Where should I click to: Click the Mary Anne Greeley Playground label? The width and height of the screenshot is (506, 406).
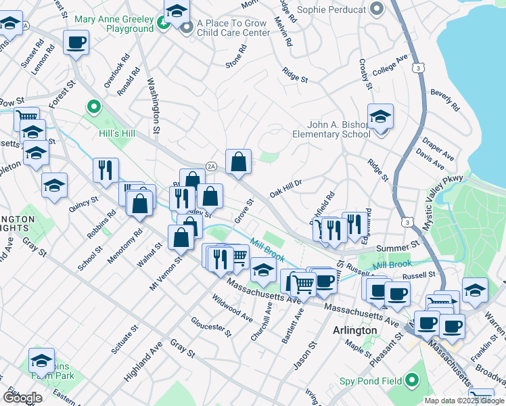[114, 24]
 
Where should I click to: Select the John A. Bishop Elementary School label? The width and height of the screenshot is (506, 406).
[331, 129]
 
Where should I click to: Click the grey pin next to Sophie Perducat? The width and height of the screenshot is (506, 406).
[377, 9]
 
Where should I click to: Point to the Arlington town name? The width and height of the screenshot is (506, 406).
[355, 330]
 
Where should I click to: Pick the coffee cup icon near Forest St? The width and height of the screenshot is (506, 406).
[76, 43]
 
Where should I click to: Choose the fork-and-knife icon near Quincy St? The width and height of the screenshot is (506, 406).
[106, 171]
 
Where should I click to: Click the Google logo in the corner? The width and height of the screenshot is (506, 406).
[22, 398]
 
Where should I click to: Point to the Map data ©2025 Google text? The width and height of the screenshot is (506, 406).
[464, 401]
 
